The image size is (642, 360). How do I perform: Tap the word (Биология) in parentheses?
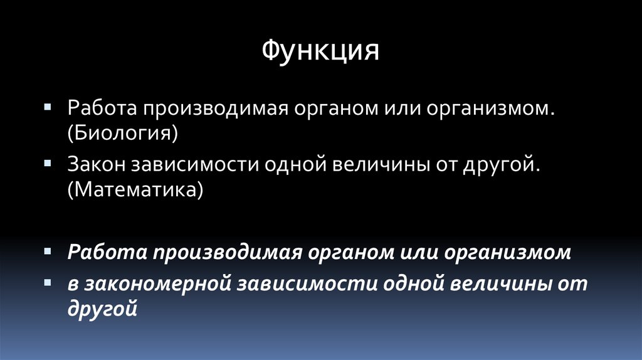pos(124,132)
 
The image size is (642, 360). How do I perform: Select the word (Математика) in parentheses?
pos(135,188)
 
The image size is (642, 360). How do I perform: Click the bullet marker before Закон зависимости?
pos(48,161)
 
